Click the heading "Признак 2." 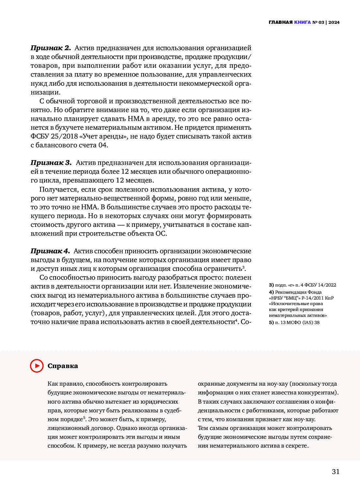pos(51,48)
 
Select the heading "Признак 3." pos(51,163)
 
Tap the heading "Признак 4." pos(50,251)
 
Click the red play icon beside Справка pos(37,366)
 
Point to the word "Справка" pos(63,366)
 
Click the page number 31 pos(336,471)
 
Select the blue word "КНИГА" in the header pos(302,22)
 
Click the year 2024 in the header pos(334,22)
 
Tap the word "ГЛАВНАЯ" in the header pos(280,22)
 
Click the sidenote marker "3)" pos(271,285)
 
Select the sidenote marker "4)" pos(271,292)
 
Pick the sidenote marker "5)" pos(271,322)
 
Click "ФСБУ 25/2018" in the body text pos(54,136)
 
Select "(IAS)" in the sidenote pos(308,322)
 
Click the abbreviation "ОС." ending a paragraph pos(161,233)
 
